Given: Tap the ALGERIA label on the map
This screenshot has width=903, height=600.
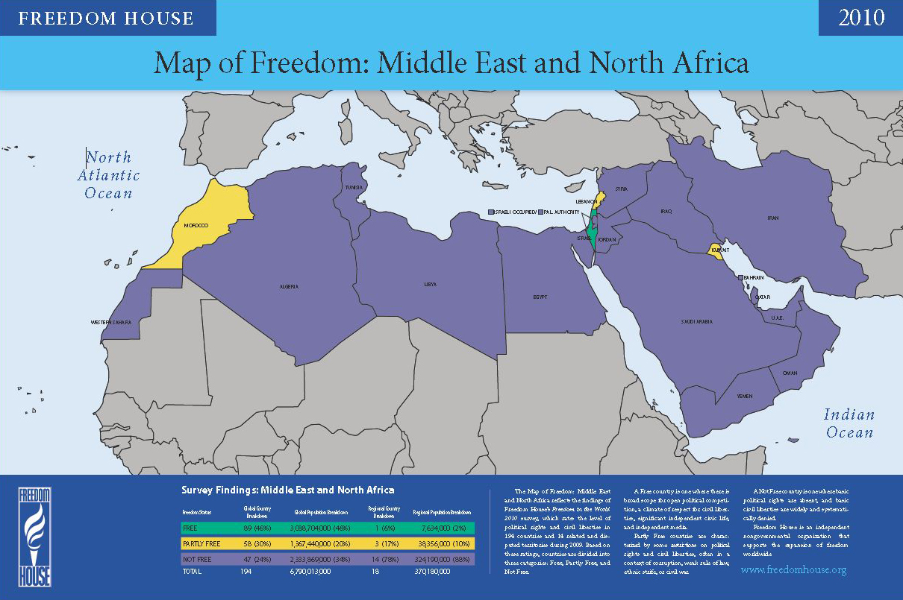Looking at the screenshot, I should pos(289,286).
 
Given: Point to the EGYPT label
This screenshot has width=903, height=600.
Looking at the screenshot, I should pos(541,296).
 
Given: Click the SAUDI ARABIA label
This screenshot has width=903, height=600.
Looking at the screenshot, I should pos(697,321).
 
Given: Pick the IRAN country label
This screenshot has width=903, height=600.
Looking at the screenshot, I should pos(772,218).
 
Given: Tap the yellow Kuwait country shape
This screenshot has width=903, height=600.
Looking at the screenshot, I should pos(714,251).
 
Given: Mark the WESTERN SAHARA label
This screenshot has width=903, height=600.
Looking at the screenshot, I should pos(111,322).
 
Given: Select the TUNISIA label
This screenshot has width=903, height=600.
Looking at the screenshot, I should pos(354,187).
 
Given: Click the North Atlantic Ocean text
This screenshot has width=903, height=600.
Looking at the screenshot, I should pos(109,175).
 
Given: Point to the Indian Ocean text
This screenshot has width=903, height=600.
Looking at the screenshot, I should pos(849,423).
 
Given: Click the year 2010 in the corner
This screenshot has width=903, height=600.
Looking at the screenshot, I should pos(861,18).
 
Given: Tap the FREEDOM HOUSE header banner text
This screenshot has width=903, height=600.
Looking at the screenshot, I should pos(106,18).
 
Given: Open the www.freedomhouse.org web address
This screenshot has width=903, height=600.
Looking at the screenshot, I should pos(793,570).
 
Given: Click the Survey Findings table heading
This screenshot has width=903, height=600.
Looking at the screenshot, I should pos(287,490).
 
